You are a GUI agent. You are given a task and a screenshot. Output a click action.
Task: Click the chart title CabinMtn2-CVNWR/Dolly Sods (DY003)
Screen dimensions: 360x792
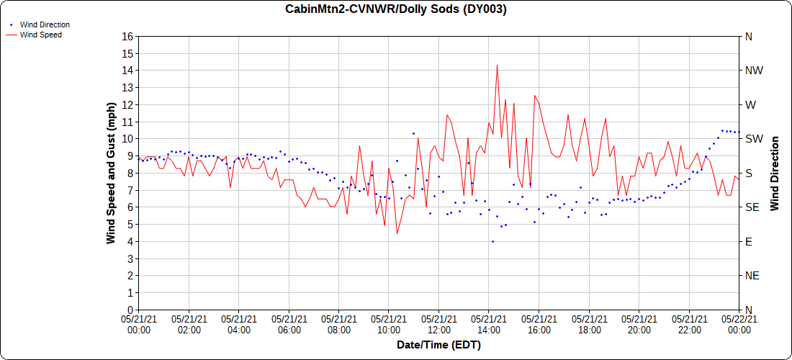pos(396,9)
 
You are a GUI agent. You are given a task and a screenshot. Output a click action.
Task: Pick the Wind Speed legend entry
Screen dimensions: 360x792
pos(40,35)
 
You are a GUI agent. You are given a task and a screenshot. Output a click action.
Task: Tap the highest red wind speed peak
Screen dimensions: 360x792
pos(497,66)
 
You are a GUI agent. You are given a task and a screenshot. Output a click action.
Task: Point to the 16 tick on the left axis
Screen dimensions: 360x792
pos(127,37)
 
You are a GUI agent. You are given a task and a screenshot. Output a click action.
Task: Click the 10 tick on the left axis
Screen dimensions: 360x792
pos(127,139)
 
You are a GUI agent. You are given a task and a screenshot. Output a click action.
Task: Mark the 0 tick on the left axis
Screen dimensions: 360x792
pos(130,310)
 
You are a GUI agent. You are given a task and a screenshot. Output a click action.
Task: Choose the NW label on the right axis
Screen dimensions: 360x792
pos(753,71)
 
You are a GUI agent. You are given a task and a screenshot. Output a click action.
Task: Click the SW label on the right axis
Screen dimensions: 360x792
pos(753,139)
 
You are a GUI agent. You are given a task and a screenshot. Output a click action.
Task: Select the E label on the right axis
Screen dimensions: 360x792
pos(748,241)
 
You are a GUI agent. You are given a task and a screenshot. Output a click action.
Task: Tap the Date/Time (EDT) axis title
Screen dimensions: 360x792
pos(438,345)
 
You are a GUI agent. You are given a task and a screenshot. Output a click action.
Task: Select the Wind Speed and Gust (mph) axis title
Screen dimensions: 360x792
pos(111,173)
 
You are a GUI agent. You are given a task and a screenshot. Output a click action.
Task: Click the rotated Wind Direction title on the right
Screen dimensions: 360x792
pos(775,173)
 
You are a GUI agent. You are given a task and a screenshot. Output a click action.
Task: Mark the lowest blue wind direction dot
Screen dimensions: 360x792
pos(492,242)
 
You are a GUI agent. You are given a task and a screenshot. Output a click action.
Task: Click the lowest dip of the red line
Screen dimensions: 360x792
pos(397,233)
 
